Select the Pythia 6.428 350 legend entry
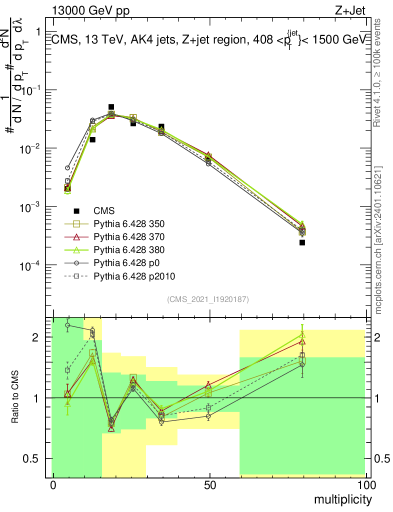tap(129, 223)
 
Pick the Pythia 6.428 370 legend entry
tap(129, 236)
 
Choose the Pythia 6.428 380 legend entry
tap(129, 249)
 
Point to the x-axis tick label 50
tap(209, 485)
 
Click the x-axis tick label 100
tap(366, 485)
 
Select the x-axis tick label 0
tap(53, 485)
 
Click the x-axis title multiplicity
tap(342, 499)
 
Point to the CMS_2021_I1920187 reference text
tap(208, 299)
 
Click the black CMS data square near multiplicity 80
tap(302, 242)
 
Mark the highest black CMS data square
tap(111, 107)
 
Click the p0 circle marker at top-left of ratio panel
tap(67, 325)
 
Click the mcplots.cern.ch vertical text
tap(378, 240)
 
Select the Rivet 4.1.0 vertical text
tap(378, 72)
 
